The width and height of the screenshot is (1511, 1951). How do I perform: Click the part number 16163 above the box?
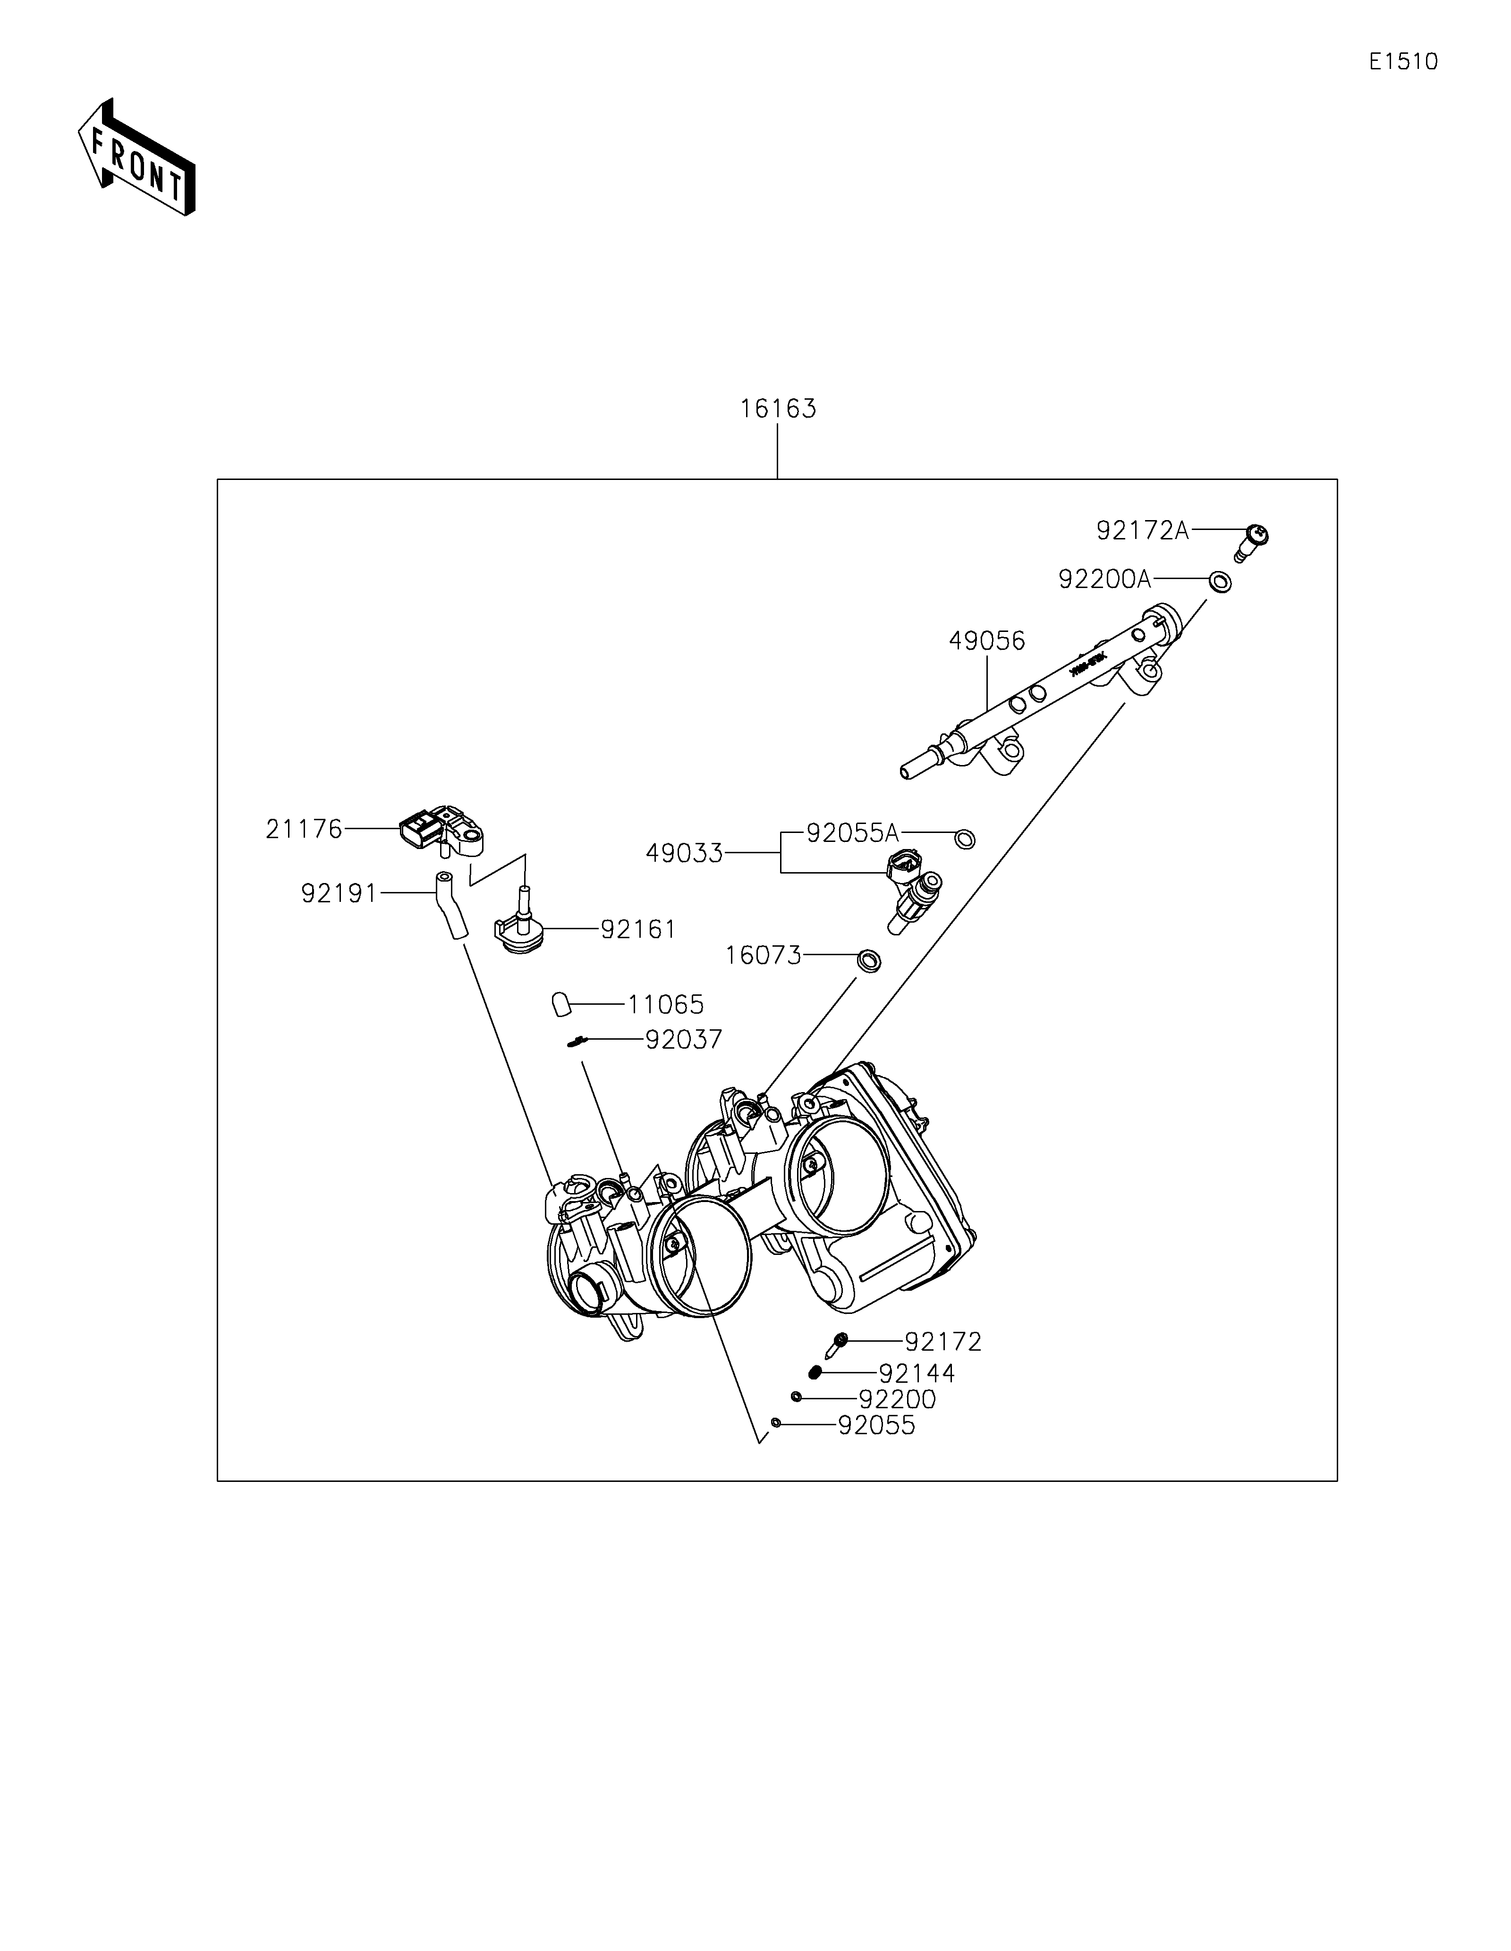pos(777,409)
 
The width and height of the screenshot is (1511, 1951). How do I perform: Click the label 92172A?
pos(1142,530)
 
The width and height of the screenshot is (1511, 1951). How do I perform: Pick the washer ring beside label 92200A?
pos(1219,582)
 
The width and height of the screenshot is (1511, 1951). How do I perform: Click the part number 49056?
pos(986,640)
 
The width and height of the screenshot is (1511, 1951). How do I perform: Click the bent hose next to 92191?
pos(450,907)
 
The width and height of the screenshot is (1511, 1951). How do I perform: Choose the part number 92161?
pos(637,929)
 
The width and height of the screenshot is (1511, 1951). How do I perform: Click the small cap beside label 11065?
pos(561,1004)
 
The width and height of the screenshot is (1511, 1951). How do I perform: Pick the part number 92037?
pos(684,1040)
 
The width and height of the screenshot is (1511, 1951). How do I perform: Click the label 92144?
pos(917,1374)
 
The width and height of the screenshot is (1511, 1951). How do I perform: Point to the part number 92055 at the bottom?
pos(876,1426)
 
